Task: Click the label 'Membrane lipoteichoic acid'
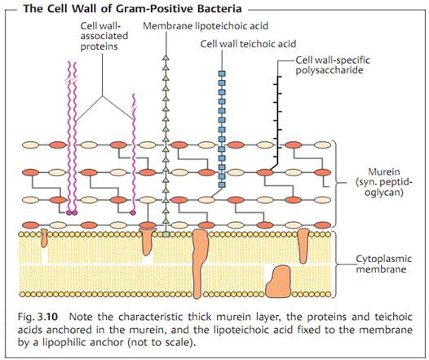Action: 206,26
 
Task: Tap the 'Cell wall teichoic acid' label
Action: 248,44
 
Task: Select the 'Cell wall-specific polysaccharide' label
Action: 333,65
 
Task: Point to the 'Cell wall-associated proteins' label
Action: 104,36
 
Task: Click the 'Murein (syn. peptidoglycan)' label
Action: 384,182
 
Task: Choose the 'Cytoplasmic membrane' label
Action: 383,264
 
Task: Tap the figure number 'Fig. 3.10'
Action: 38,317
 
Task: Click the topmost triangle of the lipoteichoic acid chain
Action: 166,57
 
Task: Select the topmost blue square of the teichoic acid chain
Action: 222,73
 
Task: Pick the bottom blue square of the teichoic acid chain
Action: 222,184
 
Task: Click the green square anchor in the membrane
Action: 166,234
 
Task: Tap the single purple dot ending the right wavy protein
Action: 133,212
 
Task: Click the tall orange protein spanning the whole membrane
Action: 200,264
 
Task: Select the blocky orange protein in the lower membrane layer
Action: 278,281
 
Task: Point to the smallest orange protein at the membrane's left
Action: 44,238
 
